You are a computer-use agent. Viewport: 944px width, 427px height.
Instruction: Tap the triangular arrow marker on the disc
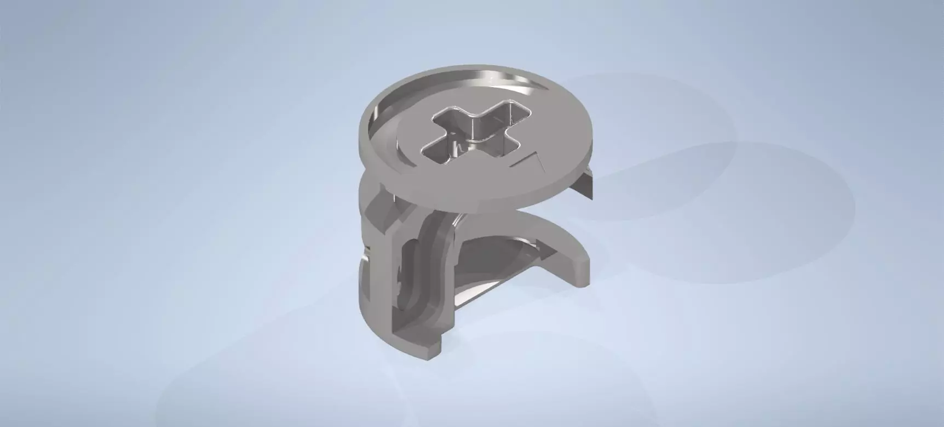(530, 161)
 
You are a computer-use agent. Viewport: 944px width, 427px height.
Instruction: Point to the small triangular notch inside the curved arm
(539, 241)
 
